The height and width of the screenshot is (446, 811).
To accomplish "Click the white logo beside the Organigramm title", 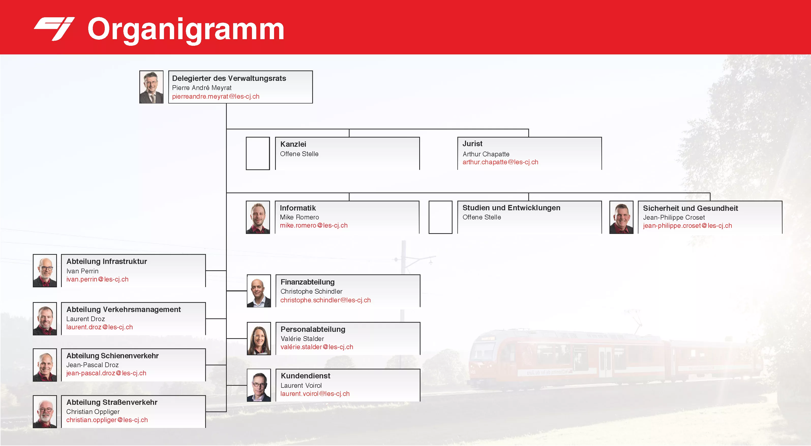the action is pos(54,29).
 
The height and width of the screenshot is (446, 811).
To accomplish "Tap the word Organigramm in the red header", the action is pos(186,30).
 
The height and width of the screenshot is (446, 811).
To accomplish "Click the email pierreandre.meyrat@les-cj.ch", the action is pos(216,96).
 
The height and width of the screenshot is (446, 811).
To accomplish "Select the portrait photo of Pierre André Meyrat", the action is pos(152,87).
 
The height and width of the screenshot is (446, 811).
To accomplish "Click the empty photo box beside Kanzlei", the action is pos(258,153).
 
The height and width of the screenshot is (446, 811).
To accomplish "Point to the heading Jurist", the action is pos(472,144).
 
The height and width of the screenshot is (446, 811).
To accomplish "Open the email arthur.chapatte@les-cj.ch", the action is pos(500,162).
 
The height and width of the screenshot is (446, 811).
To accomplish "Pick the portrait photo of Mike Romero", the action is pos(258,217).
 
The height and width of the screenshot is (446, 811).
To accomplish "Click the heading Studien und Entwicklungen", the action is pos(511,208).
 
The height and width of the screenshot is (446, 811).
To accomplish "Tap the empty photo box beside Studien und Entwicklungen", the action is pos(440,217).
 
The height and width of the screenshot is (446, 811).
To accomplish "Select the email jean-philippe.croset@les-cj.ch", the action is pos(687,226).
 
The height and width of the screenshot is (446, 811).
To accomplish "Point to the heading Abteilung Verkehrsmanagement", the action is pos(123,310).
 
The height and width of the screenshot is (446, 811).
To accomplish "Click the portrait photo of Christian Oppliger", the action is pos(45,412).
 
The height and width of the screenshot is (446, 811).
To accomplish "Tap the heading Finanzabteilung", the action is pos(308,282).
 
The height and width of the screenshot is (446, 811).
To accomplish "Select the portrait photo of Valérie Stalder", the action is pos(259,339).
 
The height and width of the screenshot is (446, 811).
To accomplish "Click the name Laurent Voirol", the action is pos(301,385).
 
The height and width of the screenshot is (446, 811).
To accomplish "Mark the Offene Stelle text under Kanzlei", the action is pos(299,154).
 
